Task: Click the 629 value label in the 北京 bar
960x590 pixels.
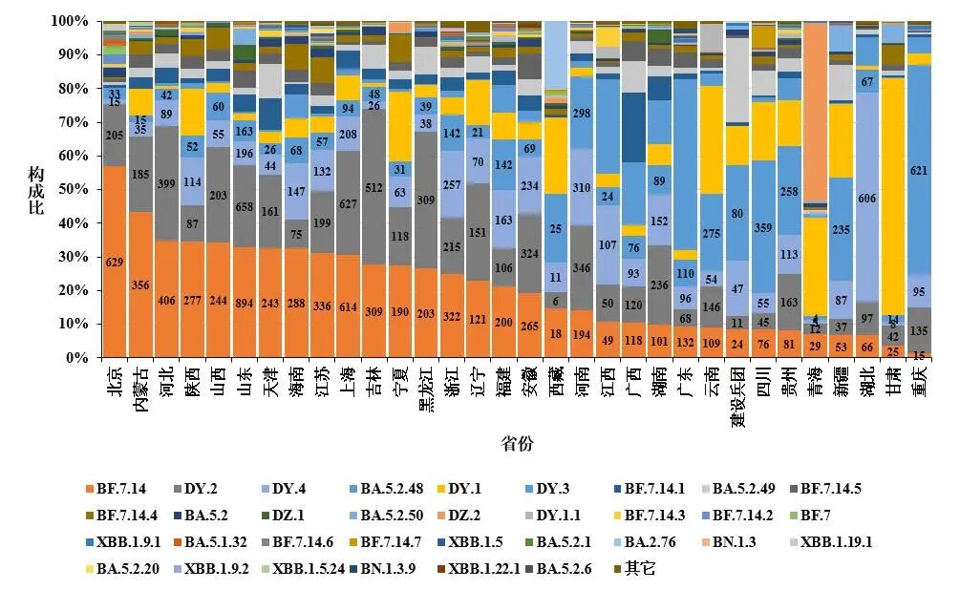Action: [x=115, y=263]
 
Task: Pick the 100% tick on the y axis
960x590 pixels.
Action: [x=71, y=20]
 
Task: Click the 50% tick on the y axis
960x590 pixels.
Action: [x=75, y=189]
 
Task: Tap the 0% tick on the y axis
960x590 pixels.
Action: [x=78, y=358]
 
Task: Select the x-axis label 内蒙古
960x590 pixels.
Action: [x=141, y=388]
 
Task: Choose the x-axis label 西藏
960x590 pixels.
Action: [x=555, y=382]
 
